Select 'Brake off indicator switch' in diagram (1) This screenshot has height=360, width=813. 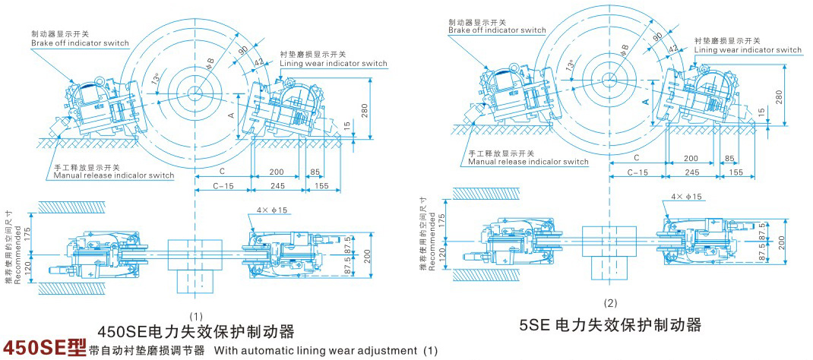pyautogui.click(x=80, y=43)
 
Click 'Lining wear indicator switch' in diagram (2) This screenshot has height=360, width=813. pyautogui.click(x=748, y=50)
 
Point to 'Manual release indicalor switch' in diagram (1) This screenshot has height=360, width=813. pyautogui.click(x=113, y=175)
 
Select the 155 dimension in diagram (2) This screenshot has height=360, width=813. pyautogui.click(x=735, y=172)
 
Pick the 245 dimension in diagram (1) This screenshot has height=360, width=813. pyautogui.click(x=277, y=185)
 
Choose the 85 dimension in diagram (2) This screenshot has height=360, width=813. pyautogui.click(x=729, y=158)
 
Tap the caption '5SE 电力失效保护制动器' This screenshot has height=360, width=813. pyautogui.click(x=610, y=325)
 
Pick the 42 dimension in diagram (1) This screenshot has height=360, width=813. pyautogui.click(x=258, y=63)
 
